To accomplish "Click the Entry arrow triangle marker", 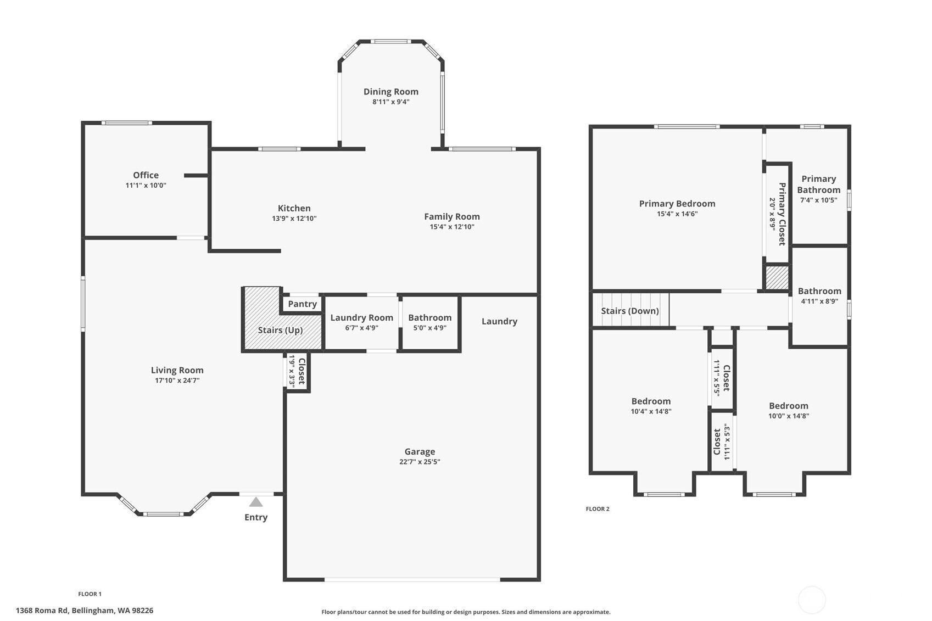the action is tap(256, 502).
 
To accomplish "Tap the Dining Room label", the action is tap(390, 92).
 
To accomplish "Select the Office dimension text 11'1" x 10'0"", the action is tap(146, 186).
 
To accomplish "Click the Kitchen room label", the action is tap(294, 208).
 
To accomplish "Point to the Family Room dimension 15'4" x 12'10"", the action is tap(452, 227).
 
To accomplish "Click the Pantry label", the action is tap(303, 304).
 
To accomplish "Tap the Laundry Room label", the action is tap(361, 317).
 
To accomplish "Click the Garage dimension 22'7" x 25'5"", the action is tap(420, 462).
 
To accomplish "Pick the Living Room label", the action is tap(177, 370).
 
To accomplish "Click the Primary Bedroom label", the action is tap(677, 203).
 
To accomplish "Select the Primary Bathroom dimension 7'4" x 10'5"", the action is tap(818, 200).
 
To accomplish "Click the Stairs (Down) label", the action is tap(629, 311).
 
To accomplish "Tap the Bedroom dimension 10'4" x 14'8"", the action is tap(651, 411).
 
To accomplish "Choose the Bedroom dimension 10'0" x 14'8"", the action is tap(789, 416).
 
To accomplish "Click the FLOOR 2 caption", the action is tap(598, 508).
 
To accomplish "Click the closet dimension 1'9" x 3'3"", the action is tap(292, 371).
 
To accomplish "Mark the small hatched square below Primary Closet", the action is tap(777, 277).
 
